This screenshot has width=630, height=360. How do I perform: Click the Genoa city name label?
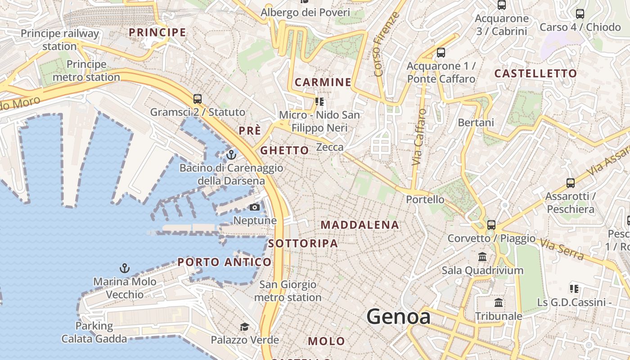point(398,317)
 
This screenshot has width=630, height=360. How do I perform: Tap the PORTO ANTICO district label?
point(225,262)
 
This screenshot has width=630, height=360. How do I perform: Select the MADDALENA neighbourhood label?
point(360,225)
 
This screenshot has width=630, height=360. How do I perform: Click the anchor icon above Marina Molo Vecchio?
point(125,269)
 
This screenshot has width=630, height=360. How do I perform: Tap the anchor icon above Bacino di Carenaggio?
point(231,155)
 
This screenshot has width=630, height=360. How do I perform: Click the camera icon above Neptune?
point(255,207)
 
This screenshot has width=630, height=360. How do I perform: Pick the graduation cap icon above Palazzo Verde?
point(244,327)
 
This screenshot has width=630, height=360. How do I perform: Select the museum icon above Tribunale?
point(499,303)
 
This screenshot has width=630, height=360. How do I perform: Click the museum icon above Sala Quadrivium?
point(482,257)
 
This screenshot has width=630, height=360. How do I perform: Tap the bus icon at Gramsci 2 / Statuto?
point(197,99)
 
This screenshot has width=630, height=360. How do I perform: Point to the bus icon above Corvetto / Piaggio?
point(491,225)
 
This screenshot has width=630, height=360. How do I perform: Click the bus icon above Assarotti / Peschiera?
point(571,183)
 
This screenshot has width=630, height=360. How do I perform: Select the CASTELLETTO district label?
point(535,73)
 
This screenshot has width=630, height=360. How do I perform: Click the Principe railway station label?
point(59,40)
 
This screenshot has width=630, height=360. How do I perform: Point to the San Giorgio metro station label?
point(288,291)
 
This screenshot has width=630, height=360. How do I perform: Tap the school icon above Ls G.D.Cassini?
point(574,289)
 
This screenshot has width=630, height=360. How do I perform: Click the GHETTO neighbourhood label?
point(285,150)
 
